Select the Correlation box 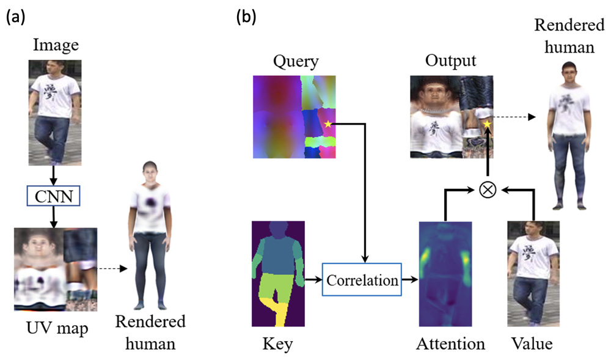[362, 281]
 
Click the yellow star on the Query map [328, 125]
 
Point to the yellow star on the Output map [487, 125]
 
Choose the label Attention [450, 344]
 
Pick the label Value [532, 344]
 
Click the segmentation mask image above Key [277, 274]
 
